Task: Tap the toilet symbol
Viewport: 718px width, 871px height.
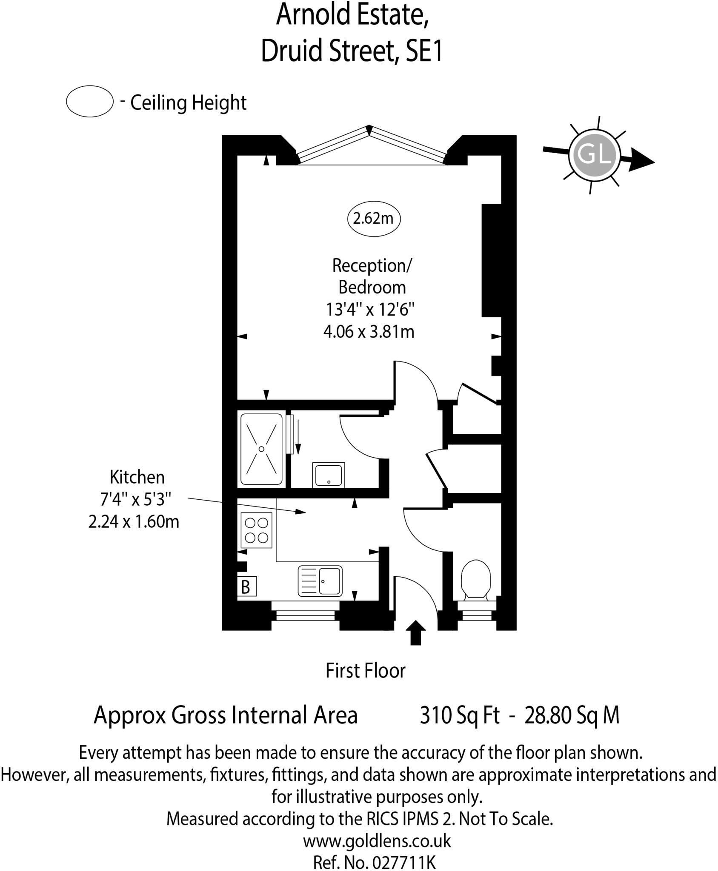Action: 476,579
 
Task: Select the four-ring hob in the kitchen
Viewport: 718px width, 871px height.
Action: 256,530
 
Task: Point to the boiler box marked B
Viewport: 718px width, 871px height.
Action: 246,587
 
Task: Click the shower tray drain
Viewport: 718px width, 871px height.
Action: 261,449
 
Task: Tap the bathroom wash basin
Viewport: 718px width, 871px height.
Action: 328,475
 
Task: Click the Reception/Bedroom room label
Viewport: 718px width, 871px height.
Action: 372,276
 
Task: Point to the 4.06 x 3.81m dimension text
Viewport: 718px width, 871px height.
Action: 369,332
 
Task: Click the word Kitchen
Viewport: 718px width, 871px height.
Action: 137,477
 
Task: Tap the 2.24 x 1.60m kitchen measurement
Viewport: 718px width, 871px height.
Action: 134,521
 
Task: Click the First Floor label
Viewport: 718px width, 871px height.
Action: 365,671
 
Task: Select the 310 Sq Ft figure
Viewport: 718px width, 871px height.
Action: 460,715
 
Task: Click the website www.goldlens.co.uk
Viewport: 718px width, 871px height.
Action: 377,841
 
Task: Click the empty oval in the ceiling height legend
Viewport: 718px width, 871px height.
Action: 90,101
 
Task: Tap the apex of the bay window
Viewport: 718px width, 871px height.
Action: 369,129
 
